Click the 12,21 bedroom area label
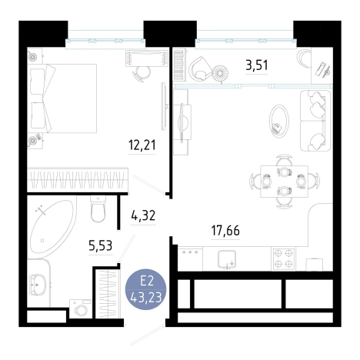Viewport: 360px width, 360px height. [142, 145]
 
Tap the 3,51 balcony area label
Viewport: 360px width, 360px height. [257, 65]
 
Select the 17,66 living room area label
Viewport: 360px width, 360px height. [225, 230]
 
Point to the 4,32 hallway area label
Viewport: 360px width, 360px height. [143, 215]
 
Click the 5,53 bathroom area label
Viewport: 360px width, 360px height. [101, 245]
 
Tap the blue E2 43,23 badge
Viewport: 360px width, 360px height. [145, 289]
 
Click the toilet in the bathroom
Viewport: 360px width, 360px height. [98, 208]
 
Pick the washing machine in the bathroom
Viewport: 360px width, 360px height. [81, 309]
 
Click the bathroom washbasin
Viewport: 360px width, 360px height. [38, 285]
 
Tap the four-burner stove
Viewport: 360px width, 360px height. [284, 258]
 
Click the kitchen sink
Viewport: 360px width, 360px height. [227, 259]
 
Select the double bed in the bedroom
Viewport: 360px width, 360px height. [62, 98]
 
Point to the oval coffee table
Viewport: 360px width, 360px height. [279, 121]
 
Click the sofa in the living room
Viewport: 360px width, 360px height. [315, 121]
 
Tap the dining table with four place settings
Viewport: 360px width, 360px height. [284, 182]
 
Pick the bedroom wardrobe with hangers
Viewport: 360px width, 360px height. [78, 179]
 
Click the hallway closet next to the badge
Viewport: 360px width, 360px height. [108, 294]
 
